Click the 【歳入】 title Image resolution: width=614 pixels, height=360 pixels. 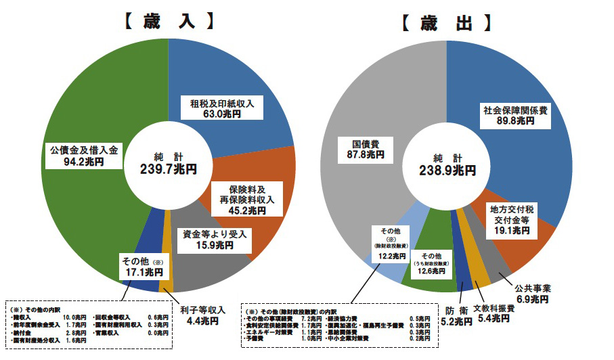168,20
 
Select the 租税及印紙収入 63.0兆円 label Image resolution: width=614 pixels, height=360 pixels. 222,109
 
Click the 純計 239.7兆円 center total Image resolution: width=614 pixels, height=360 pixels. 168,162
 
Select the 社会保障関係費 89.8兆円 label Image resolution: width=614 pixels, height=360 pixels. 514,114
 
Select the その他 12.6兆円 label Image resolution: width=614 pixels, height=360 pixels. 431,264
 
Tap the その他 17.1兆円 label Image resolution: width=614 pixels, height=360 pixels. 141,267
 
